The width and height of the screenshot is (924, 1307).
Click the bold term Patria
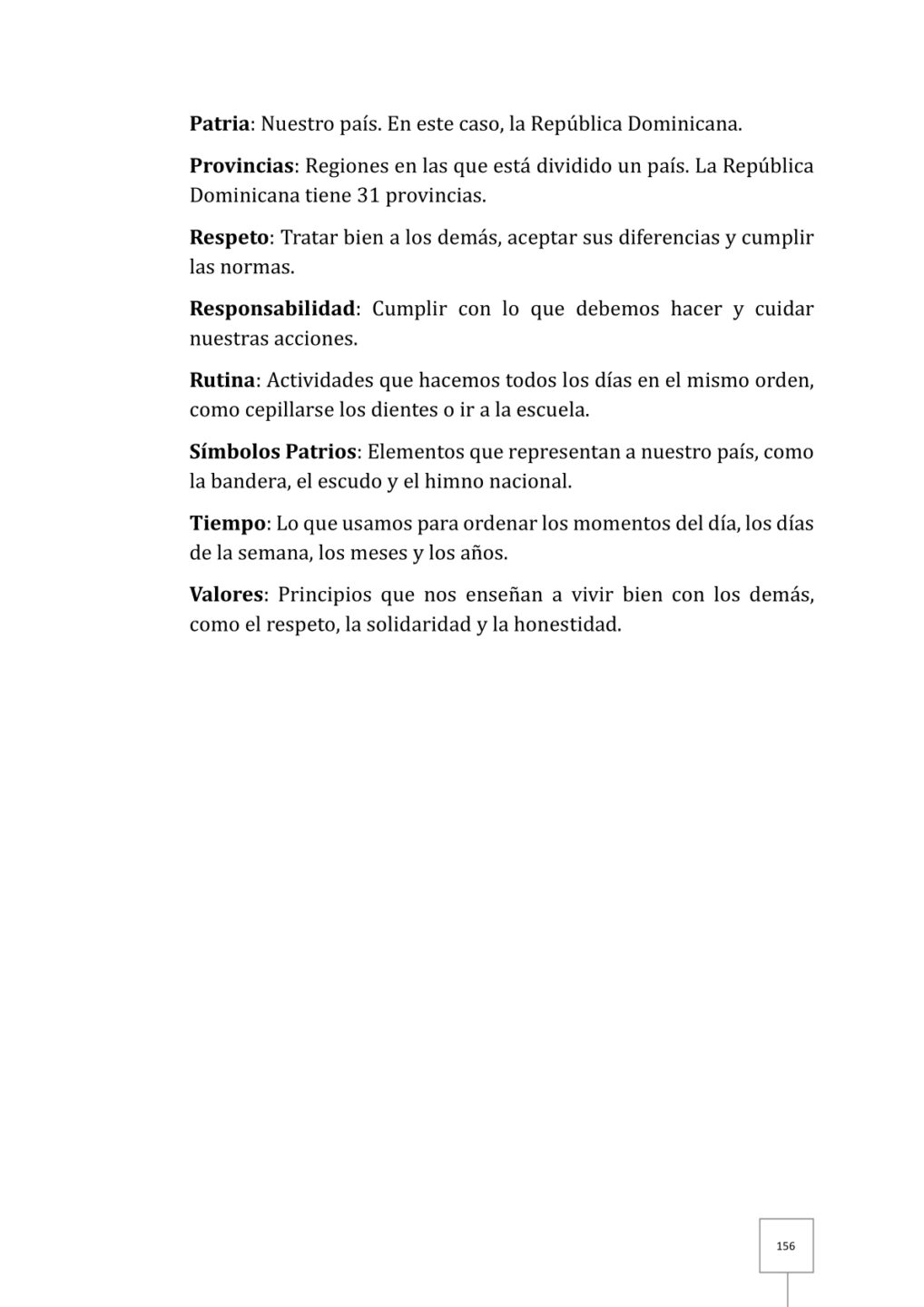coord(219,123)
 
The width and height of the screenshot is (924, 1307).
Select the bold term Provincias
coord(241,166)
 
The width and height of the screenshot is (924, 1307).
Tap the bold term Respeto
coord(229,238)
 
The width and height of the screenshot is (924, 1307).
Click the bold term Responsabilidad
coord(271,309)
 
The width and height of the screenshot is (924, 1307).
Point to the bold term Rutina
coord(221,380)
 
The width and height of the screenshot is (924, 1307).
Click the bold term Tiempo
coord(227,524)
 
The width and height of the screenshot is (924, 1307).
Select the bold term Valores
coord(226,595)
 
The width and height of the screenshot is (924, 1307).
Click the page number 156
coord(786,1246)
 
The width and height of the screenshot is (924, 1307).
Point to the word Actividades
coord(318,380)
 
